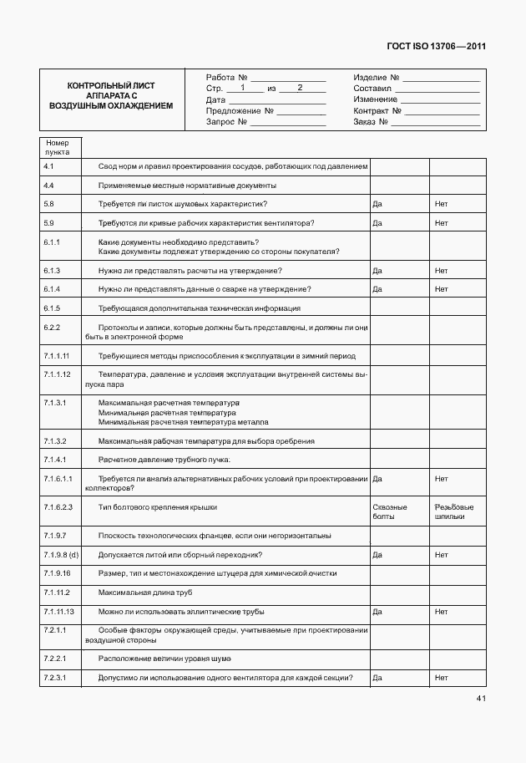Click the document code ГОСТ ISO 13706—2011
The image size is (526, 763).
pos(437,47)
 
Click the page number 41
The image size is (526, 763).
pos(481,698)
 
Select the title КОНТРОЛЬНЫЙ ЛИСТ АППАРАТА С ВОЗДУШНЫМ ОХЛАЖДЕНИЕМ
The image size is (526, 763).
pos(111,96)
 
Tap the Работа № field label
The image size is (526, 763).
pos(226,77)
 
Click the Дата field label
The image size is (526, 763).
pos(215,99)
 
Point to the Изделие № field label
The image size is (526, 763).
pos(376,77)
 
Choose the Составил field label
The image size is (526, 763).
pos(372,88)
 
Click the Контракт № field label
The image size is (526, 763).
pos(378,110)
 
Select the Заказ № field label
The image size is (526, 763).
pos(372,122)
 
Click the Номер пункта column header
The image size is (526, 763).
pos(58,147)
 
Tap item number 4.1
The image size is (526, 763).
pos(48,166)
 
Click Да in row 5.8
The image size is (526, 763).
pos(377,204)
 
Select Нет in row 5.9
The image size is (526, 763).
pos(441,223)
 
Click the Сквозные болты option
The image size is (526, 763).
pos(389,511)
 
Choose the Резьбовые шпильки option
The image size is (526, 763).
pos(454,511)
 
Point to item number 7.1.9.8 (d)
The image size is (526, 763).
pos(61,555)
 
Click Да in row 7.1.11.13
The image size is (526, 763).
pos(377,612)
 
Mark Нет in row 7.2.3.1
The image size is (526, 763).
pos(441,677)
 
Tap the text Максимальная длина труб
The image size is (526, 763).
pos(145,593)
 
